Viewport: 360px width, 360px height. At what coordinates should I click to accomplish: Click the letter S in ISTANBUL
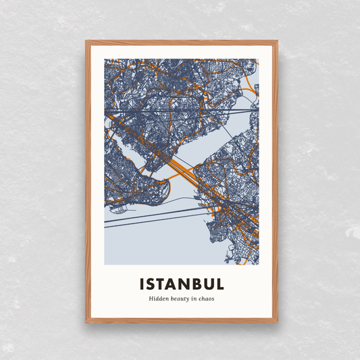tap(153, 283)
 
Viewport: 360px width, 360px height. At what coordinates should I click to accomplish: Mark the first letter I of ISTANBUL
tap(143, 283)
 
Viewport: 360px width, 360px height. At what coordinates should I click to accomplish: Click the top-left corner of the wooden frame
tap(86, 42)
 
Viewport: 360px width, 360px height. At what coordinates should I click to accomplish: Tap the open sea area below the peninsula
tap(155, 243)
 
